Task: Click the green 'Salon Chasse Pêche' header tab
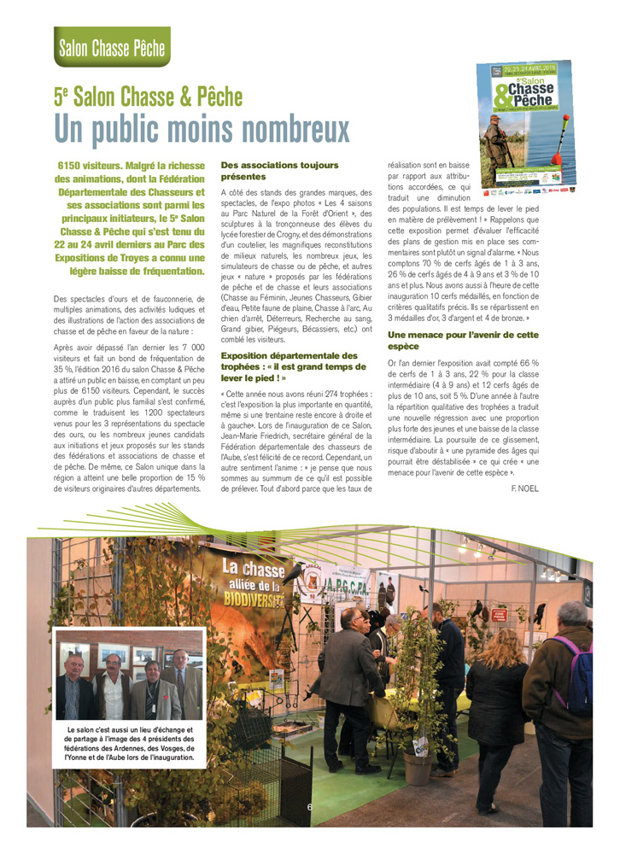click(x=111, y=47)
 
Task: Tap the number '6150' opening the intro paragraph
click(x=74, y=165)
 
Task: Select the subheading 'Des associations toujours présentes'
click(x=279, y=170)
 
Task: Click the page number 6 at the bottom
click(x=310, y=806)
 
